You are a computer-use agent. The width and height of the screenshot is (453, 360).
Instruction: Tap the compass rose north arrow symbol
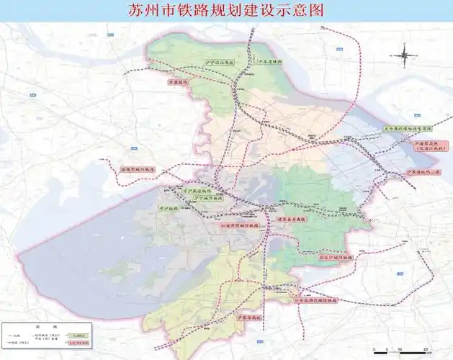point(405,54)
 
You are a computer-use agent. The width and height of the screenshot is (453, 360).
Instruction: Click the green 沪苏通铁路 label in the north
point(271,61)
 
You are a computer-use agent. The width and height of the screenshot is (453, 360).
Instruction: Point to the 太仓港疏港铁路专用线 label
point(408,130)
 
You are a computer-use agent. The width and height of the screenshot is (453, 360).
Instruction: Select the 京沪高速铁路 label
point(197,191)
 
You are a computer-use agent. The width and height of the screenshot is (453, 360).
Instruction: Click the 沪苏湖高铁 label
point(245,317)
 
